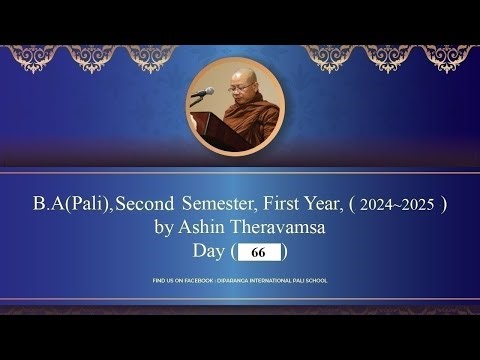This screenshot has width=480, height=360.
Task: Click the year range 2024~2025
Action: [398, 206]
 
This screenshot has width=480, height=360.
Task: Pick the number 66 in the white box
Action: [258, 253]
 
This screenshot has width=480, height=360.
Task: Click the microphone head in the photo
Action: [208, 92]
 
